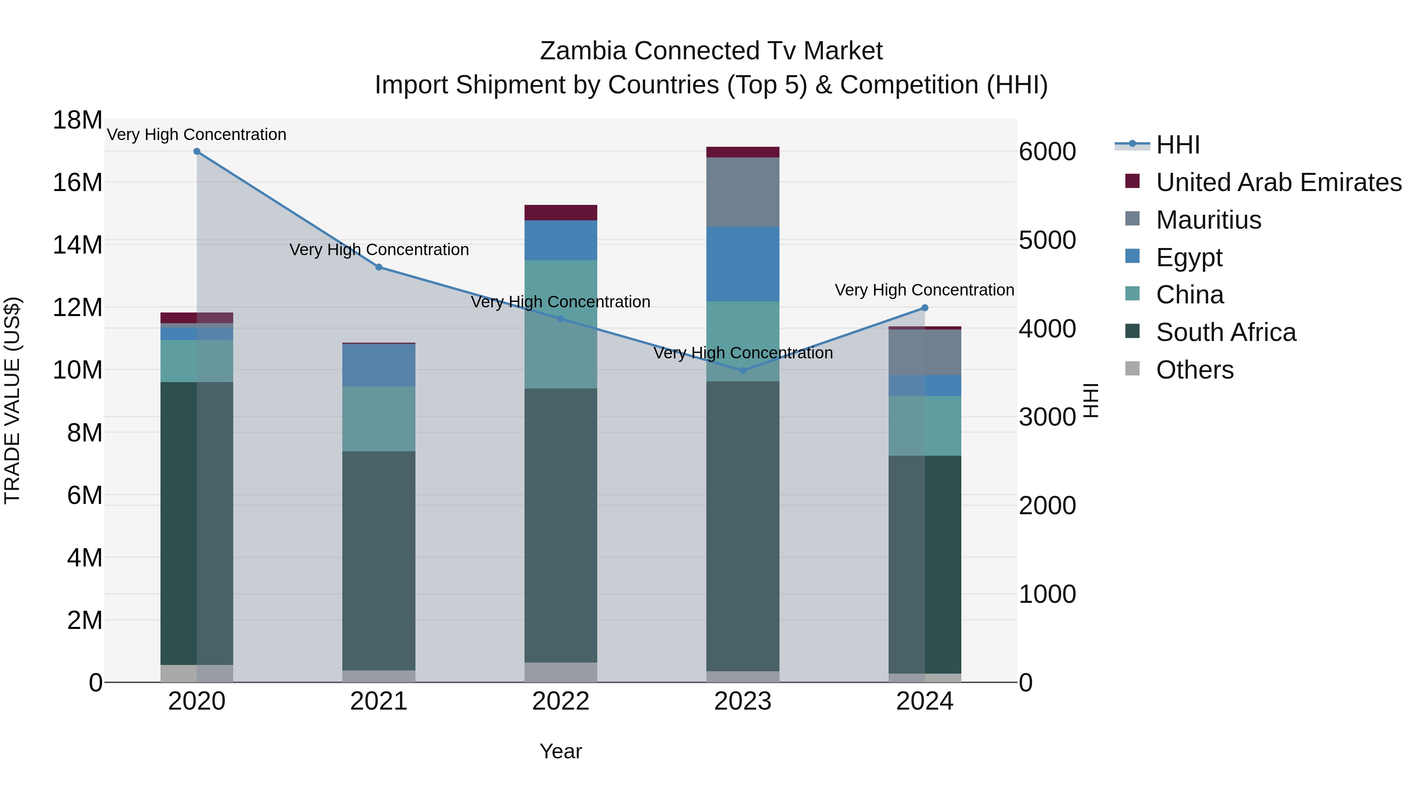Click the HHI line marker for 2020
197,151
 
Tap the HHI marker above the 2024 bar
925,308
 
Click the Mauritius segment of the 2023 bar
742,192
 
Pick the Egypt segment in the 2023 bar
742,264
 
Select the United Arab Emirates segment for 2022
561,213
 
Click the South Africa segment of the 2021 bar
379,561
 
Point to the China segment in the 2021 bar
379,418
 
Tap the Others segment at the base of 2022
561,672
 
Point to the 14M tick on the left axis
77,245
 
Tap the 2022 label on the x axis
561,701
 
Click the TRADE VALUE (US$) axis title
12,400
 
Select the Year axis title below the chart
561,751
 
